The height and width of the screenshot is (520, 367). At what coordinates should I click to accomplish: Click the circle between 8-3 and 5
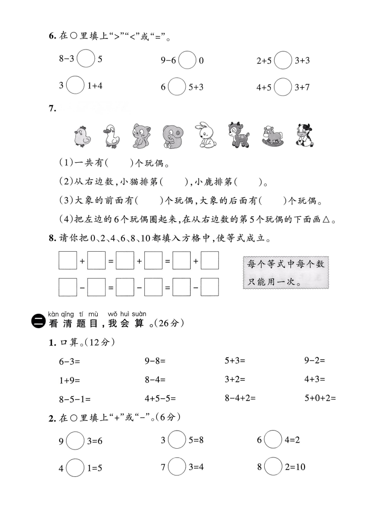pyautogui.click(x=86, y=59)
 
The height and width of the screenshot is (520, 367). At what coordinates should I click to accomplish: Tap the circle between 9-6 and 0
pyautogui.click(x=187, y=60)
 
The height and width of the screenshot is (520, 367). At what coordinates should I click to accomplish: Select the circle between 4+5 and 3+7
pyautogui.click(x=283, y=87)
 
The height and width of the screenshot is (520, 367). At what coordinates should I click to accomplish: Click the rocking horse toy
pyautogui.click(x=273, y=136)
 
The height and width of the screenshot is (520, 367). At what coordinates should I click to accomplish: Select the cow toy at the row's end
pyautogui.click(x=304, y=135)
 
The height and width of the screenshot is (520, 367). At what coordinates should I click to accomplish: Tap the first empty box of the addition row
pyautogui.click(x=68, y=260)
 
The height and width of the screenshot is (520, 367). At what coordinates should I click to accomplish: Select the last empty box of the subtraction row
pyautogui.click(x=210, y=287)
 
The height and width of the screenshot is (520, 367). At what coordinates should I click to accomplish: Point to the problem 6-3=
pyautogui.click(x=69, y=361)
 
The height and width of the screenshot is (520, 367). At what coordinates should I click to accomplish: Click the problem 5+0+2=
pyautogui.click(x=320, y=398)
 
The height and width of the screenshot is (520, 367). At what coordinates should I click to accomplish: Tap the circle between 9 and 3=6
pyautogui.click(x=75, y=440)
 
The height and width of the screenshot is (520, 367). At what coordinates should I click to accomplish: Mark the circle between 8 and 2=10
pyautogui.click(x=273, y=467)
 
